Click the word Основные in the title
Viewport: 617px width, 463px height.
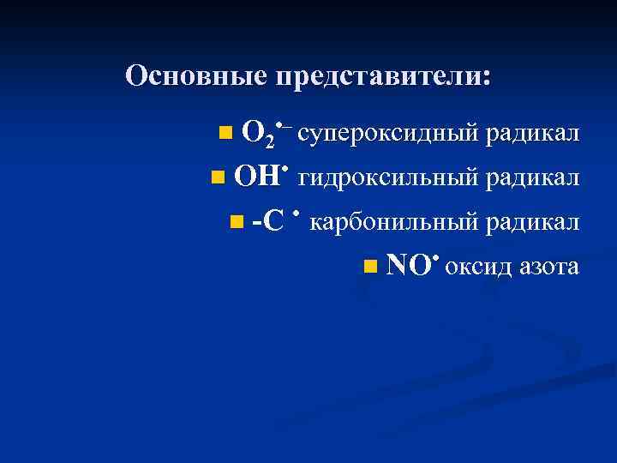(196, 76)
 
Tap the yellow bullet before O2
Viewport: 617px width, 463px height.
(225, 133)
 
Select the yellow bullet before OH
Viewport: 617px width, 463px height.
(217, 177)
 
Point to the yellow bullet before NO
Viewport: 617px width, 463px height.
(368, 267)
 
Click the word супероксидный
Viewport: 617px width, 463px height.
(386, 134)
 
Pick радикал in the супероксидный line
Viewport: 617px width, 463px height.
(532, 134)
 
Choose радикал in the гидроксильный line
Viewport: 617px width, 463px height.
(532, 178)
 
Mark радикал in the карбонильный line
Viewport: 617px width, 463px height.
(532, 223)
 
